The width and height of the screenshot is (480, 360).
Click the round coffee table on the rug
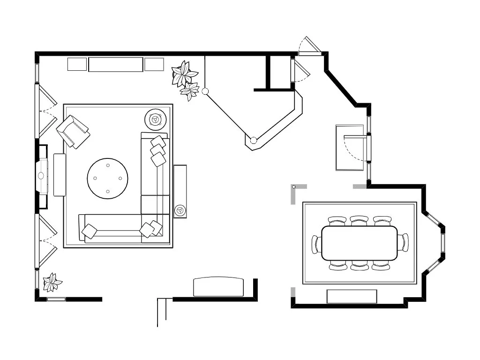click(107, 178)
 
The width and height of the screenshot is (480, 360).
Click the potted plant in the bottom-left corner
click(52, 282)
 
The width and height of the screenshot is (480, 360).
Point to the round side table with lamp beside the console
click(180, 210)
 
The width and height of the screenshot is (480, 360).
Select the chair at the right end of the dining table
click(403, 243)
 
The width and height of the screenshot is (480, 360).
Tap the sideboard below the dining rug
click(352, 296)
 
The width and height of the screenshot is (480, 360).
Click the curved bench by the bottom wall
click(219, 286)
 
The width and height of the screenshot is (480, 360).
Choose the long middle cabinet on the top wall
click(115, 65)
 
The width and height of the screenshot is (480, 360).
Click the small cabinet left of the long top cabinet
click(77, 64)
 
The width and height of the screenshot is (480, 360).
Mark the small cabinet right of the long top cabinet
click(154, 64)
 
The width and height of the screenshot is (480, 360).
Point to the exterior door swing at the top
click(309, 46)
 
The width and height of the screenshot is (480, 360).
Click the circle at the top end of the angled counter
click(205, 91)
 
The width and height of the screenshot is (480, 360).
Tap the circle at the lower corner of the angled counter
click(254, 140)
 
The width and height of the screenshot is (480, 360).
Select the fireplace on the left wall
click(42, 176)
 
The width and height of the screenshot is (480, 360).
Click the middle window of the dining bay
click(442, 243)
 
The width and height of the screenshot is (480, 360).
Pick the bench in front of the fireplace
click(60, 175)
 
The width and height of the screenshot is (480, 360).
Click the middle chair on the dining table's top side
click(359, 220)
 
